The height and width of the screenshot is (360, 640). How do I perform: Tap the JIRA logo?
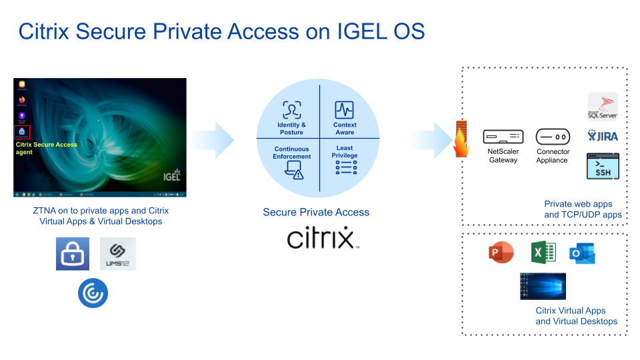point(603,136)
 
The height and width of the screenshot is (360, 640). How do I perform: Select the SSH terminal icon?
point(603,166)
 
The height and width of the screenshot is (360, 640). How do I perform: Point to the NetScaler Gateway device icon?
point(503,137)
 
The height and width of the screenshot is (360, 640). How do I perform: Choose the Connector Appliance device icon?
point(553,137)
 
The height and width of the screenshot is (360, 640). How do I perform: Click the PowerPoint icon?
point(501,253)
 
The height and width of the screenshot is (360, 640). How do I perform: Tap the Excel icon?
point(543,253)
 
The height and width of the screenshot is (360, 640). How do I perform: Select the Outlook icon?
point(582,253)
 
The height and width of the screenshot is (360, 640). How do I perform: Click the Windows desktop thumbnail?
point(543,287)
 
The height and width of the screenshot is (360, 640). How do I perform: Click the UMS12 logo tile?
point(118,254)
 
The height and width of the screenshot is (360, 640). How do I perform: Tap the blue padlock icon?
point(73,254)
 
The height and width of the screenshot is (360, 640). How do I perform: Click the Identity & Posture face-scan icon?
point(291,110)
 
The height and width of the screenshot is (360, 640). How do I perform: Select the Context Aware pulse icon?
point(345,110)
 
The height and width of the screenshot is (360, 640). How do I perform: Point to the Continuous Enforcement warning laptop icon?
point(293,171)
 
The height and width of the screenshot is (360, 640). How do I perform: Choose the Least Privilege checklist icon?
point(345,168)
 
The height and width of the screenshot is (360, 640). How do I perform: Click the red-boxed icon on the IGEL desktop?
point(22,131)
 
